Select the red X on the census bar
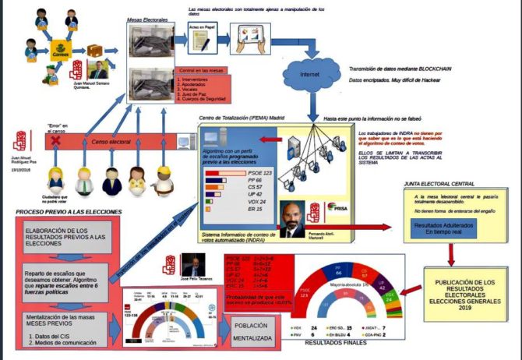(55, 143)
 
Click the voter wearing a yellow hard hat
(164, 178)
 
